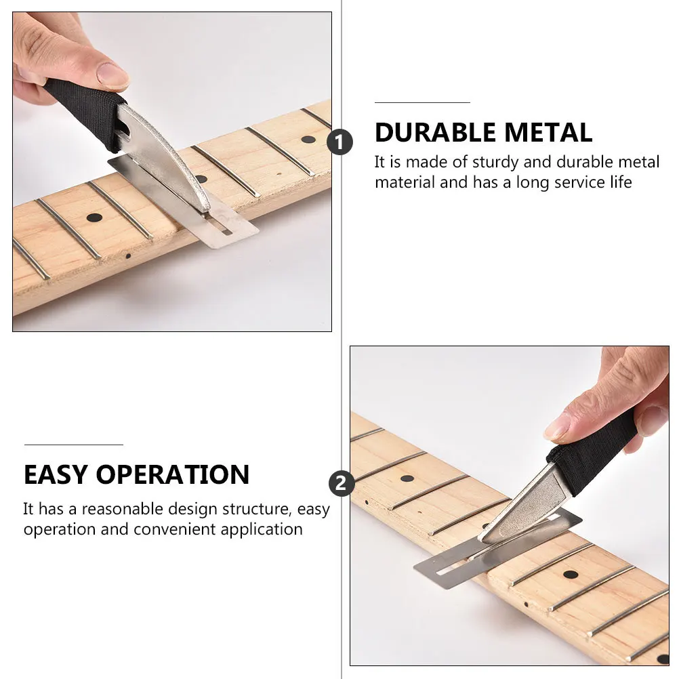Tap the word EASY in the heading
point(56,474)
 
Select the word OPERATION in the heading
point(173,474)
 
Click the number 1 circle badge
point(340,142)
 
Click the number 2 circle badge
point(342,483)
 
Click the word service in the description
point(579,182)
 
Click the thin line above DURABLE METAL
point(422,102)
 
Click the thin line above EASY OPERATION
point(74,445)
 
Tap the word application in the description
point(261,530)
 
